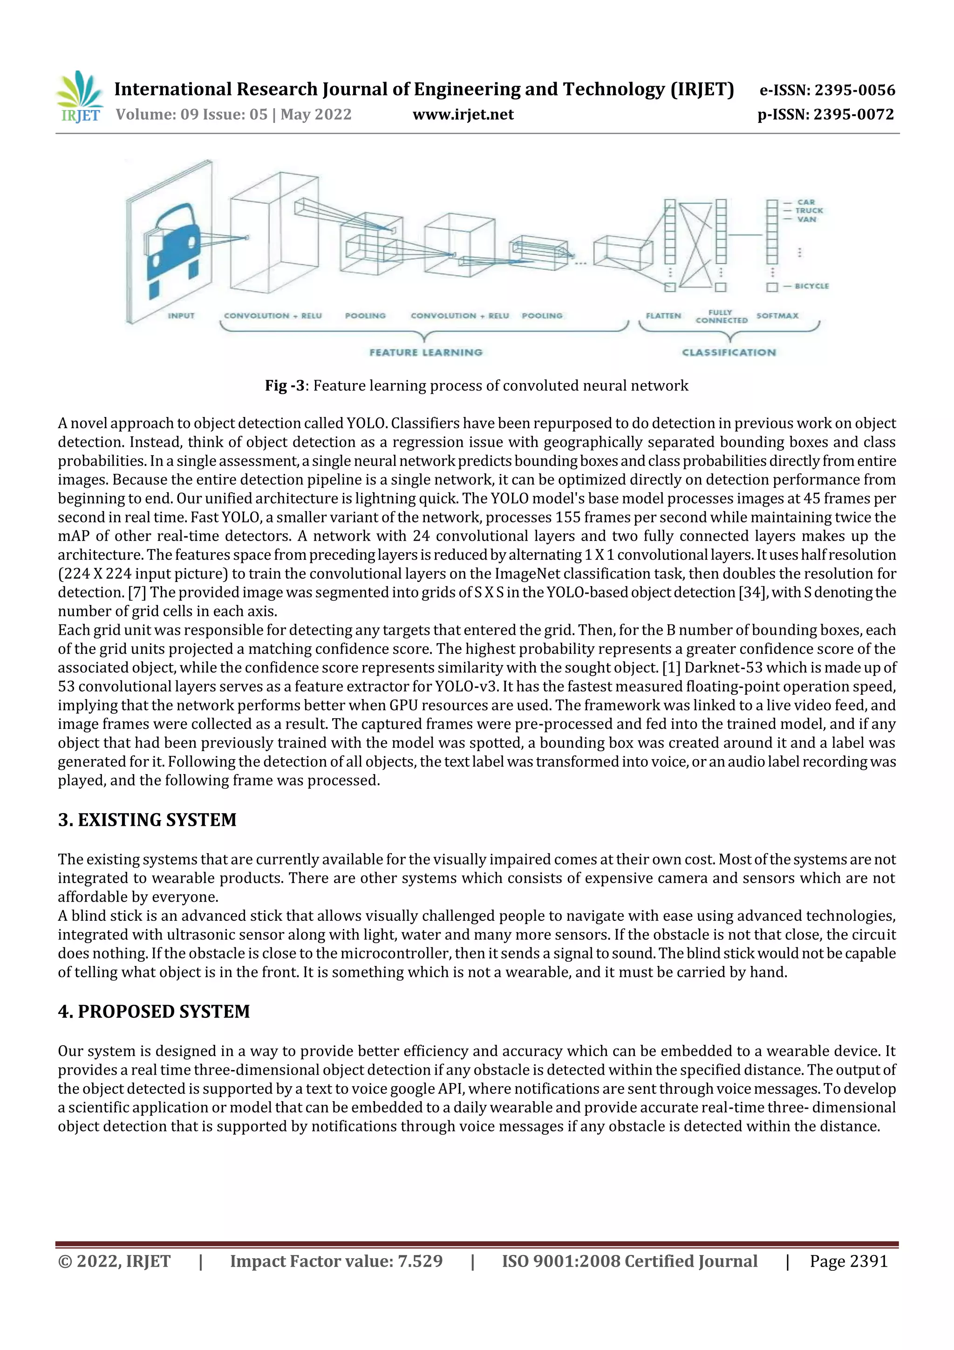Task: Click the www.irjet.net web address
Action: pos(463,115)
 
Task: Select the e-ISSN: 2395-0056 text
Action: pos(827,90)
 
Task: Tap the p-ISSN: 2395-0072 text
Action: pos(825,115)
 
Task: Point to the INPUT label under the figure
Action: pos(181,316)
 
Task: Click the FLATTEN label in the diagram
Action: pos(663,316)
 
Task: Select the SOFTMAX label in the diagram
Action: pos(777,316)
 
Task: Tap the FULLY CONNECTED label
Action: pos(721,316)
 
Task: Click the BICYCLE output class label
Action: pos(811,286)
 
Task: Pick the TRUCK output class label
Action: pos(809,211)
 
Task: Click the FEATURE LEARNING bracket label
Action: pos(426,352)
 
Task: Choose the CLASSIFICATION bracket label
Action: pos(729,352)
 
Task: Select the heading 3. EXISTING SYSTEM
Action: pos(147,820)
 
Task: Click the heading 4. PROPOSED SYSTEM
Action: pos(154,1011)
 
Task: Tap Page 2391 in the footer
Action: pos(848,1261)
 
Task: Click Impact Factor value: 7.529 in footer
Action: pos(336,1261)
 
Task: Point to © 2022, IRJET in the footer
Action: pos(114,1261)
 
